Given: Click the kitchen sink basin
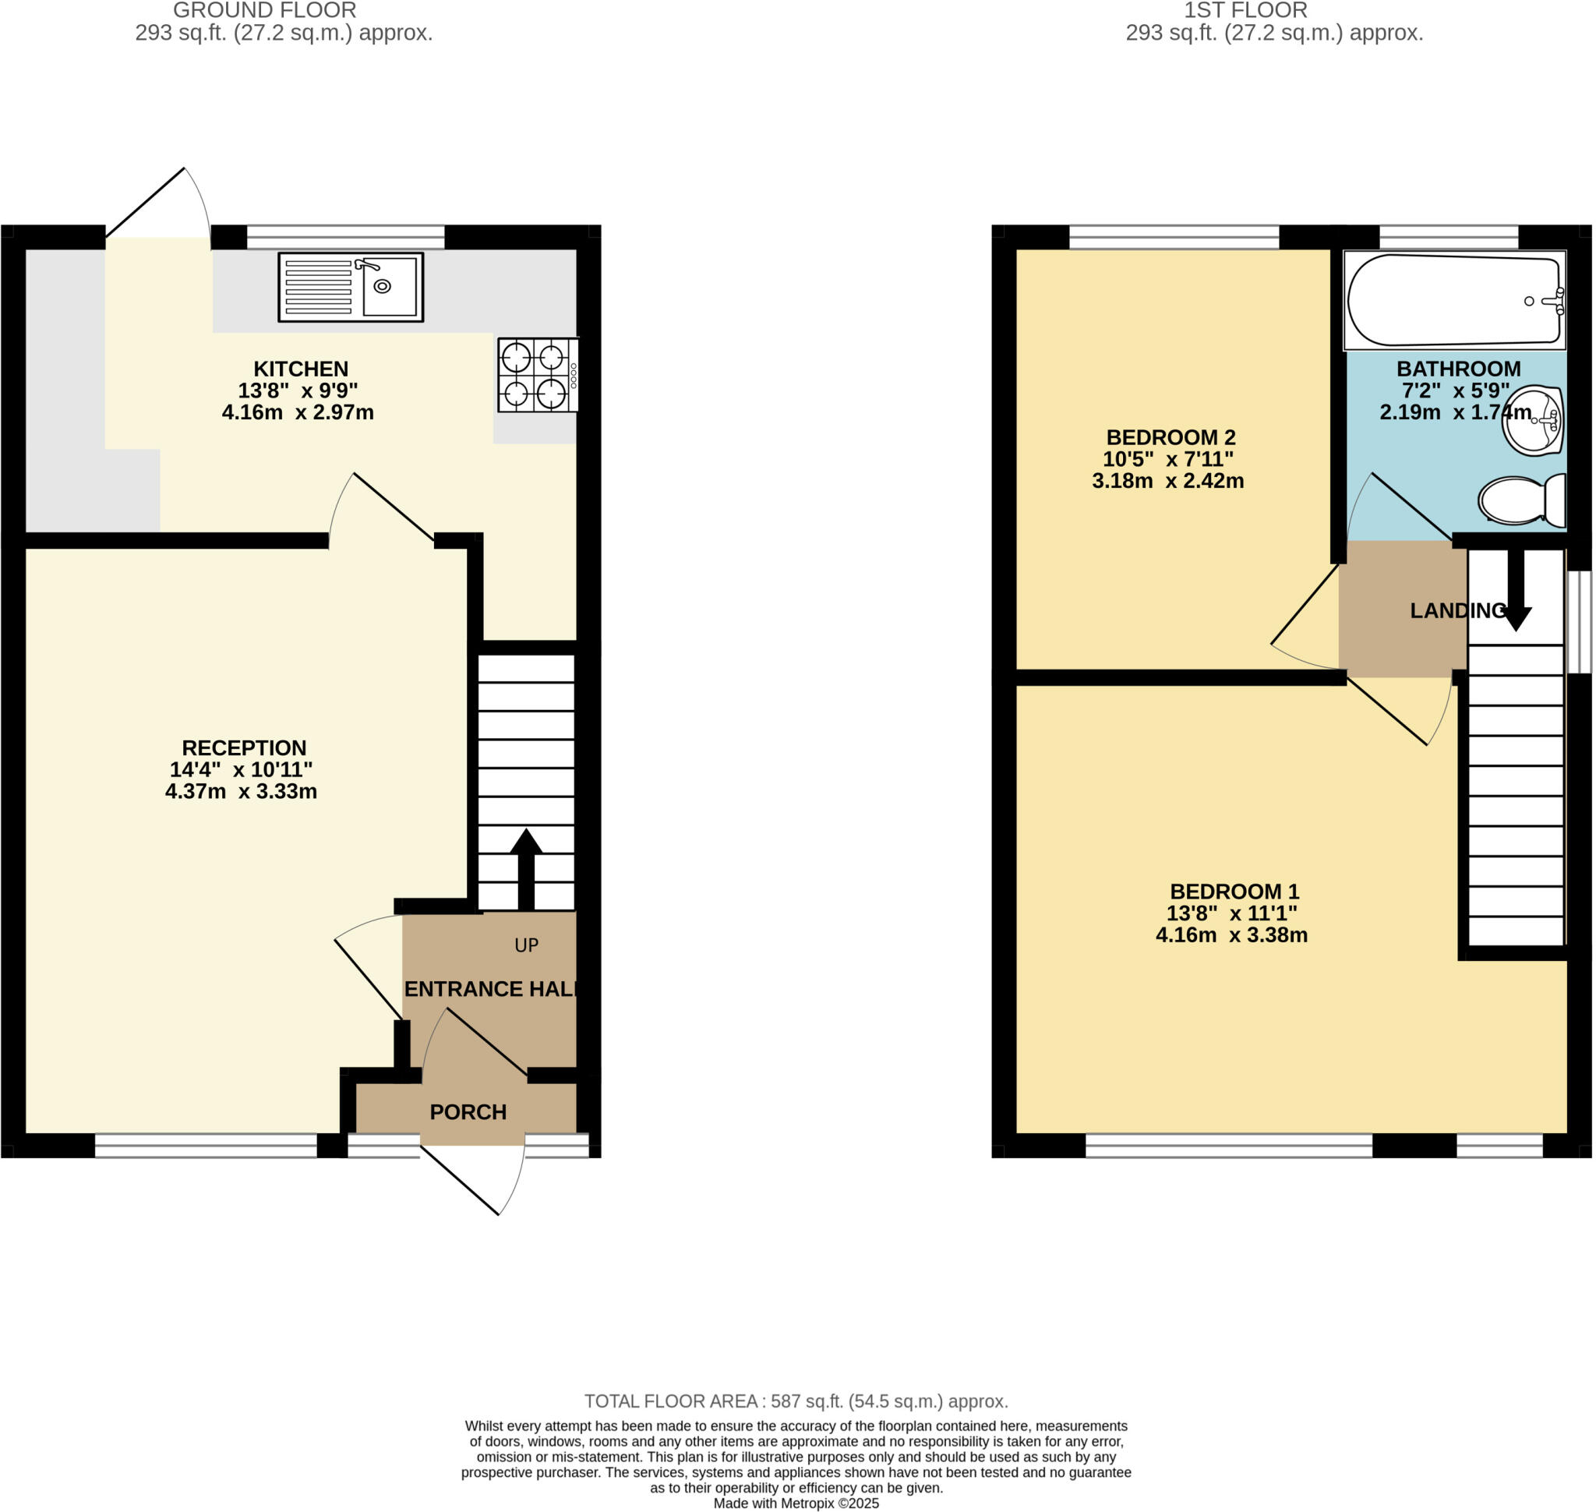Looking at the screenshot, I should [390, 286].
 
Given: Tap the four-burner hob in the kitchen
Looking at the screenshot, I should [537, 376].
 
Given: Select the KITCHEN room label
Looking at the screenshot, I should [301, 369].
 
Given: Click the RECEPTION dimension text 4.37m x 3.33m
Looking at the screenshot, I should [241, 792].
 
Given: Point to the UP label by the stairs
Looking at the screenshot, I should [526, 945].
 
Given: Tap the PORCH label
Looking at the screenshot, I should [468, 1112].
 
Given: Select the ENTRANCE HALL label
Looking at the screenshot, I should [490, 989].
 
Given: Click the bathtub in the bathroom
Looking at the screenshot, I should [1453, 300].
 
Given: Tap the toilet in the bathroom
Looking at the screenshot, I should [1520, 500].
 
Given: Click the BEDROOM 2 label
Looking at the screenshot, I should [1171, 438].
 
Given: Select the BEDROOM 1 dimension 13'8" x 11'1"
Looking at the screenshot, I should [1231, 913].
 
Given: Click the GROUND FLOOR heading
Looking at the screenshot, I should [264, 10].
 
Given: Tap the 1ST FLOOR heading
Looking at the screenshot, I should [1245, 10].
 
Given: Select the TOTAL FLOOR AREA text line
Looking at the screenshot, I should [796, 1401].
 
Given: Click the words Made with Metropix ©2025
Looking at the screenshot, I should [796, 1503].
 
